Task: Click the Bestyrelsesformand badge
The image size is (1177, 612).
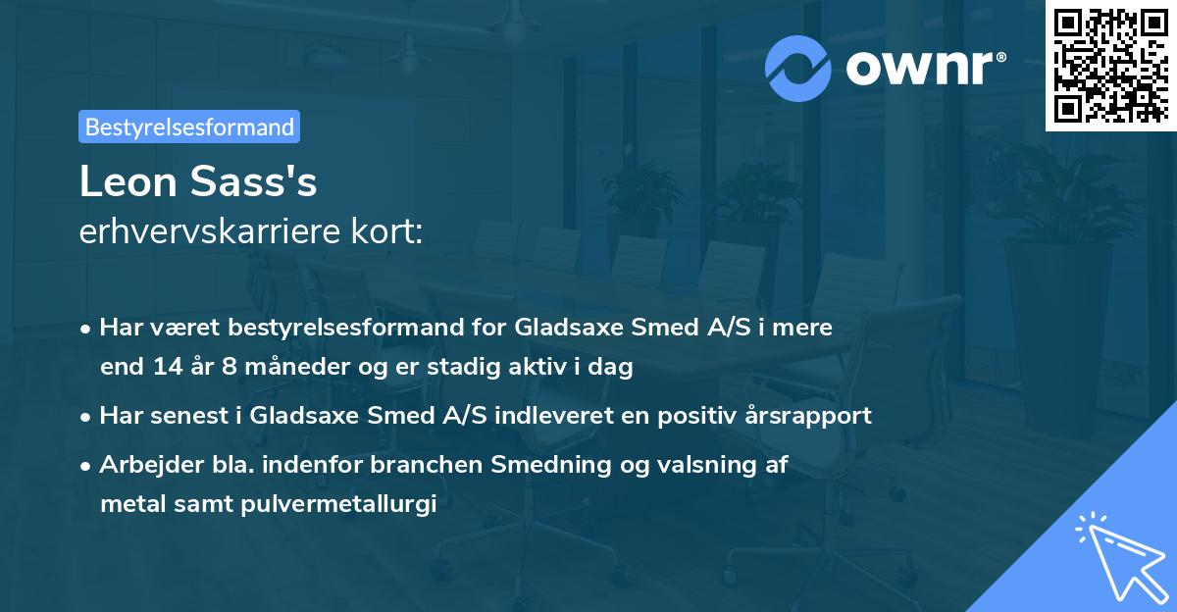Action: (x=189, y=127)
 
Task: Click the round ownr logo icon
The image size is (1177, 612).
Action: (x=799, y=69)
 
